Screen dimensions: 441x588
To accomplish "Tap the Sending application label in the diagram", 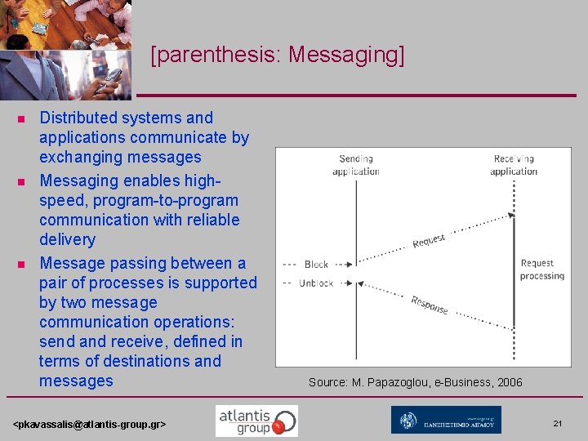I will pos(355,165).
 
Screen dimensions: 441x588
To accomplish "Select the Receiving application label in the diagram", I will pos(514,165).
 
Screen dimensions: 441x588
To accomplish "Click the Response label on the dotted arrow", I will pos(430,305).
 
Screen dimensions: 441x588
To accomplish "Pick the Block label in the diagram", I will pos(316,265).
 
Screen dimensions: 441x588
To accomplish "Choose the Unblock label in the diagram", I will pos(316,283).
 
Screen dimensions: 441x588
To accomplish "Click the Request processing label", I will pos(541,269).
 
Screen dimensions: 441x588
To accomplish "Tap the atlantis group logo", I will pos(256,421).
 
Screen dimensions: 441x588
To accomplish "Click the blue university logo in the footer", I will pos(446,421).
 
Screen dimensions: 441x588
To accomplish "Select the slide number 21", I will pos(558,423).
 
